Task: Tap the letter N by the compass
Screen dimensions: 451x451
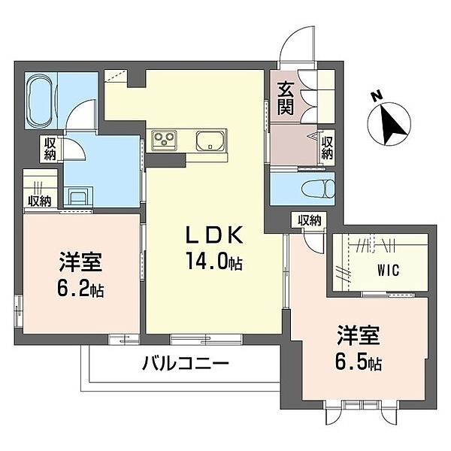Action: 376,95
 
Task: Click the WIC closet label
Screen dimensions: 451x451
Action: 389,269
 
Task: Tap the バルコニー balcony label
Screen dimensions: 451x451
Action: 185,365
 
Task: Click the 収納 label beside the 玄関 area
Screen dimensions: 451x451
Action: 328,147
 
